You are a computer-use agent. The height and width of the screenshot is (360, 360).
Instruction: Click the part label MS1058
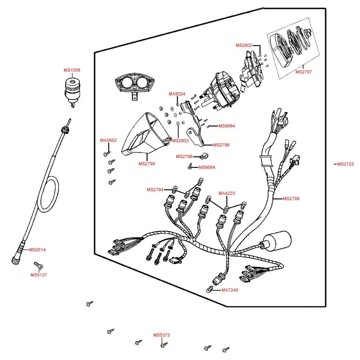click(x=72, y=70)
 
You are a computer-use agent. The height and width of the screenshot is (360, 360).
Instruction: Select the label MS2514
click(x=37, y=249)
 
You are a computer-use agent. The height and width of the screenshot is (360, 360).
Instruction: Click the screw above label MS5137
click(x=39, y=265)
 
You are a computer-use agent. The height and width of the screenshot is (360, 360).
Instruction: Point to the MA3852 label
click(x=108, y=140)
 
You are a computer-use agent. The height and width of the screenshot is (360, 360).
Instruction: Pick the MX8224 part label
click(x=177, y=94)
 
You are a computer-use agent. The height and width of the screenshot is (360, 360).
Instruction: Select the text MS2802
click(x=244, y=45)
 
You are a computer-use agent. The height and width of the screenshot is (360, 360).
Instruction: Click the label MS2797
click(x=303, y=72)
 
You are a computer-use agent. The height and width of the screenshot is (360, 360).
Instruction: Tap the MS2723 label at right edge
click(x=345, y=164)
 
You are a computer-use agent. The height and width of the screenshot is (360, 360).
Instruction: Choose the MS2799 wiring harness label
click(x=291, y=199)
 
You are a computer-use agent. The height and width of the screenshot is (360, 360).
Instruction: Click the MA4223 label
click(x=226, y=193)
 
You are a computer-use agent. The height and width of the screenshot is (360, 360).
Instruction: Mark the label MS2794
click(x=155, y=190)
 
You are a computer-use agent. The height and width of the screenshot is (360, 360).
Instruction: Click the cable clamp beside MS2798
click(x=204, y=156)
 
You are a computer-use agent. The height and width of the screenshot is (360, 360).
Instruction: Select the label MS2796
click(x=221, y=145)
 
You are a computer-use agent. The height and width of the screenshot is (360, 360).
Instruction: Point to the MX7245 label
click(x=230, y=290)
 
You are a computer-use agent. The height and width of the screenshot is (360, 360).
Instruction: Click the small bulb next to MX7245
click(x=210, y=289)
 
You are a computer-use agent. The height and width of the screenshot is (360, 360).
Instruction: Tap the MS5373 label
click(x=161, y=335)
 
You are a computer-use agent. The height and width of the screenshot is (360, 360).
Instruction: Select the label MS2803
click(x=180, y=141)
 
